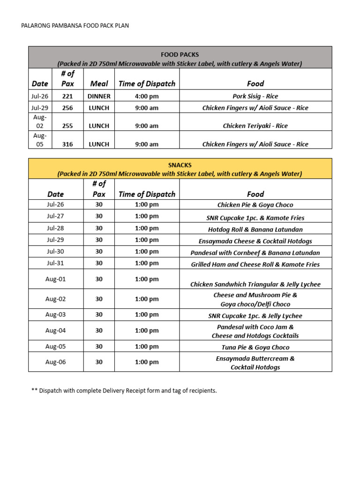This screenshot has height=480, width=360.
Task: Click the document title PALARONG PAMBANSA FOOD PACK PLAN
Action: pyautogui.click(x=75, y=26)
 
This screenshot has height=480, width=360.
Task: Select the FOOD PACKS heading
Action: pyautogui.click(x=180, y=55)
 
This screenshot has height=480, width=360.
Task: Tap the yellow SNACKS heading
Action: pyautogui.click(x=180, y=165)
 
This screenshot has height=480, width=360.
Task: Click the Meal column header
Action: pyautogui.click(x=99, y=83)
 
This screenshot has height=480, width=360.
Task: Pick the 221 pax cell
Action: pyautogui.click(x=67, y=96)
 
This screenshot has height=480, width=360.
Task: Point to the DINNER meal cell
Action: pyautogui.click(x=99, y=96)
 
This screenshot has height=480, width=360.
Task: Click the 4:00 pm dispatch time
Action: pyautogui.click(x=147, y=96)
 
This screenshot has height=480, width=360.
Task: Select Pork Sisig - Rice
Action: pyautogui.click(x=255, y=96)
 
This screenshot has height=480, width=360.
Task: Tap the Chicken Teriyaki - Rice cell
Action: pyautogui.click(x=255, y=126)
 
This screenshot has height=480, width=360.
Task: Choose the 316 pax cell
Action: pyautogui.click(x=67, y=144)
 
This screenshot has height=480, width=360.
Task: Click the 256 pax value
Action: pyautogui.click(x=67, y=108)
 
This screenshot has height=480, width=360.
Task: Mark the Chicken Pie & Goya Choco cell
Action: pyautogui.click(x=255, y=205)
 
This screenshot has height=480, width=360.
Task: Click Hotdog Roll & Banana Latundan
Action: pyautogui.click(x=255, y=229)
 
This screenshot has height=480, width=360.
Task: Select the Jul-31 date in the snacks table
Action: pyautogui.click(x=55, y=263)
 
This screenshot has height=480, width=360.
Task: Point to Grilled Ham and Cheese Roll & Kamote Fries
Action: pyautogui.click(x=255, y=264)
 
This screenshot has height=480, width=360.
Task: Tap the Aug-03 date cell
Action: pyautogui.click(x=55, y=315)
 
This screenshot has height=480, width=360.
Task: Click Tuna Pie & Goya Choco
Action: pyautogui.click(x=255, y=347)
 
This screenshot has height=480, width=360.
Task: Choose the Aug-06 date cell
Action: pyautogui.click(x=55, y=362)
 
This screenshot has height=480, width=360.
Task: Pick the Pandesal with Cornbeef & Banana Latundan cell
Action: pyautogui.click(x=255, y=253)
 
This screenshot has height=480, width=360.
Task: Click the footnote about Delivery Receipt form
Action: pyautogui.click(x=124, y=390)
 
